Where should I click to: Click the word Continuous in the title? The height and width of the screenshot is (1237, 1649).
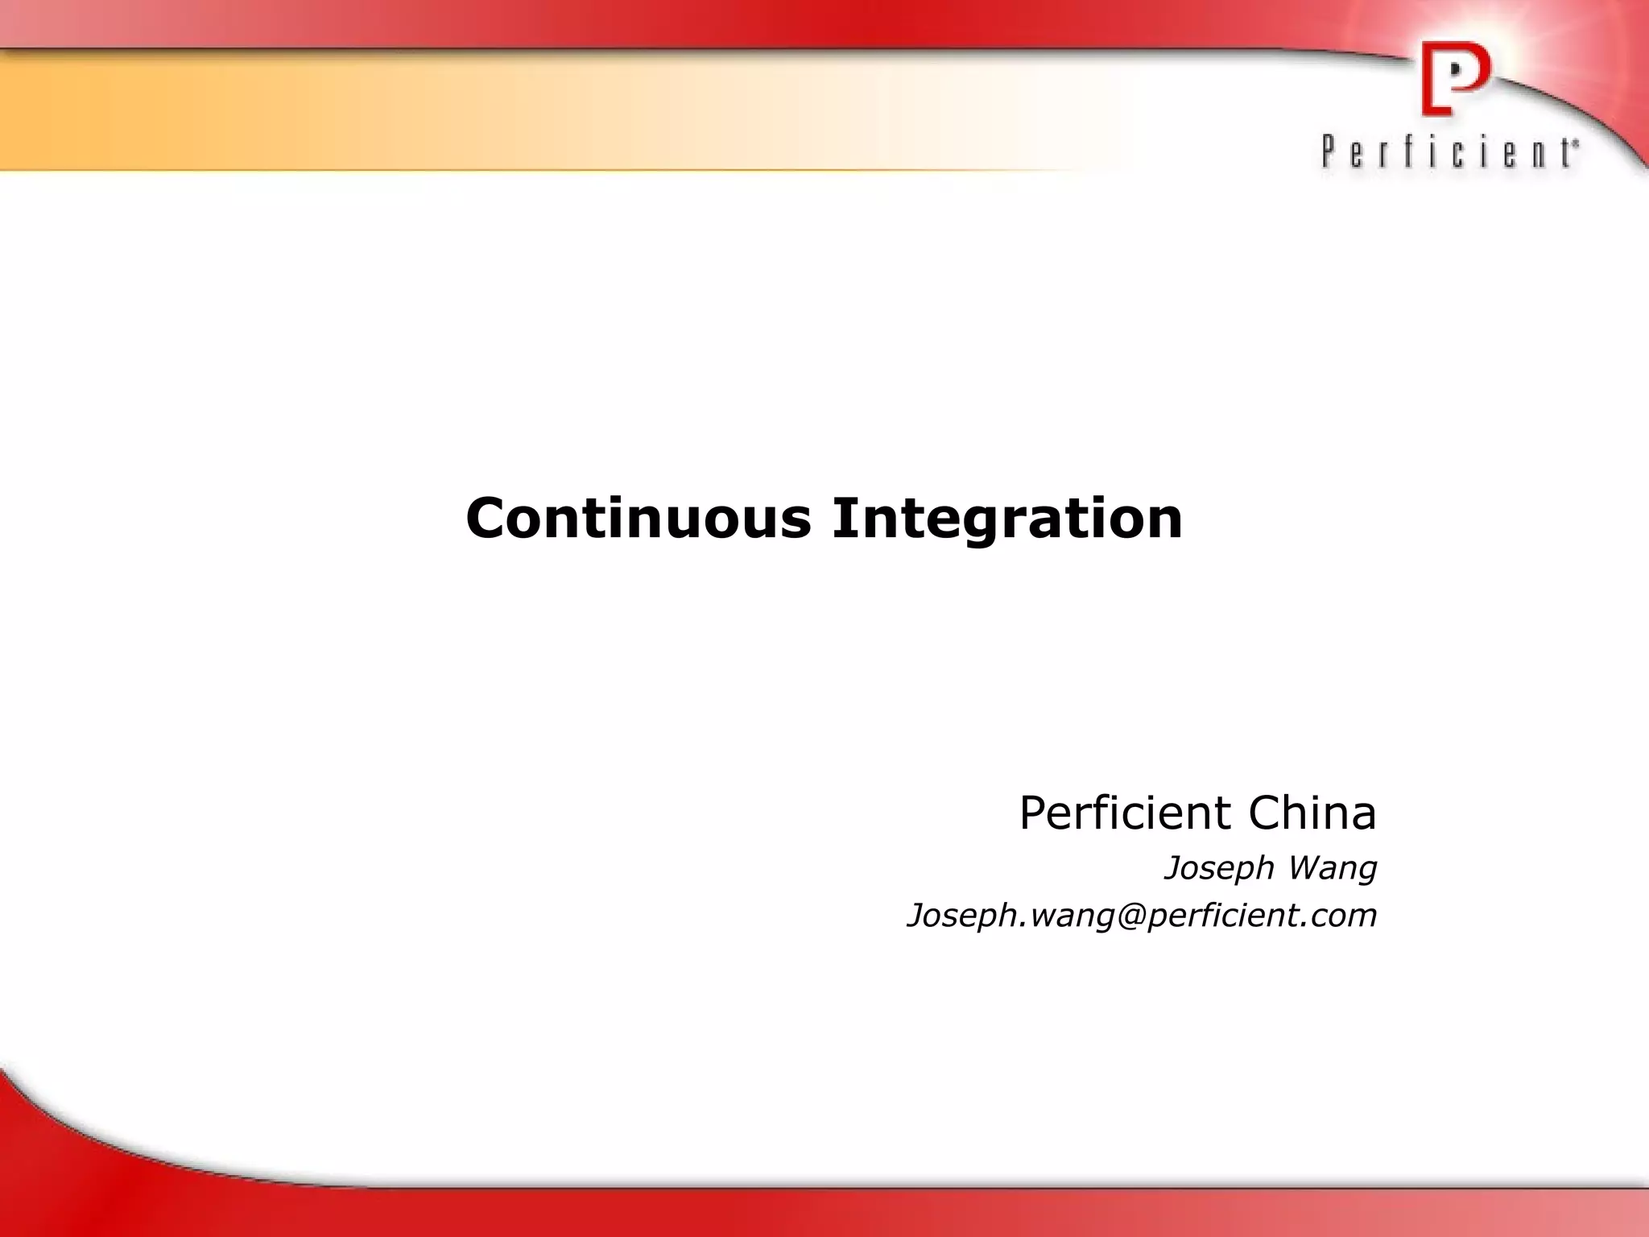639,518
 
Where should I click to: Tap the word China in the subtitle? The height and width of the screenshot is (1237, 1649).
1312,813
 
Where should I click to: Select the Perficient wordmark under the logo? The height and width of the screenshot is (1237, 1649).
1447,152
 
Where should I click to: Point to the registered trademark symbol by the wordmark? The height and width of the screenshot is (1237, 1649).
1575,142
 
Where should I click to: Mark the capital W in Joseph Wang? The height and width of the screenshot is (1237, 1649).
1306,868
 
